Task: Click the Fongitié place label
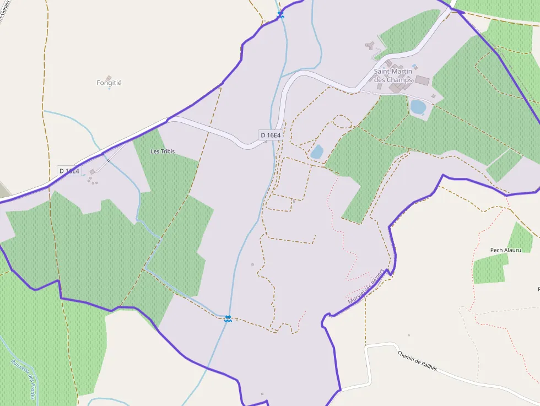[109, 83]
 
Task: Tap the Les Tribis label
[163, 151]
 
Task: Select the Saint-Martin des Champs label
[393, 75]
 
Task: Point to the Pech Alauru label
[505, 250]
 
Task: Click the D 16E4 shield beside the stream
[271, 135]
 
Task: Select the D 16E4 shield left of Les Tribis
[69, 171]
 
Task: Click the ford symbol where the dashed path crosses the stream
[228, 318]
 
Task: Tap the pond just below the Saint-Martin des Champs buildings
[418, 107]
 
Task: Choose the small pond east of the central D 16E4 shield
[317, 152]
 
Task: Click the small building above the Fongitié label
[109, 78]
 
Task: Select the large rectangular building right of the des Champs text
[422, 80]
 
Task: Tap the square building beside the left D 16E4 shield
[93, 172]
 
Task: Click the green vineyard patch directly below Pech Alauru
[489, 270]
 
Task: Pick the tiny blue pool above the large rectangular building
[415, 67]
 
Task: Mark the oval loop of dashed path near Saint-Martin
[342, 122]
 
